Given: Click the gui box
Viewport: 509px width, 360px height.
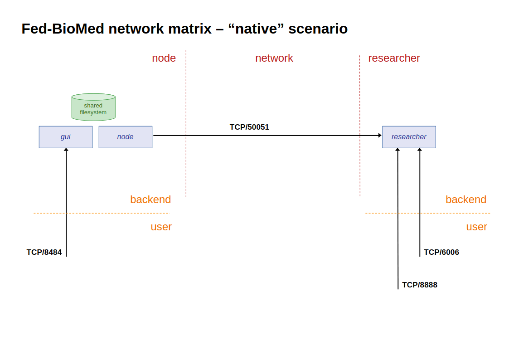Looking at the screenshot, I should (x=66, y=137).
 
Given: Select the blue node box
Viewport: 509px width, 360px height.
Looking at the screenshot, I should (x=126, y=137).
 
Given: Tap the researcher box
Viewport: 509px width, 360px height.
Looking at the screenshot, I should (x=409, y=137).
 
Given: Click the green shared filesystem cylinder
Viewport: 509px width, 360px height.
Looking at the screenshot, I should (x=93, y=108).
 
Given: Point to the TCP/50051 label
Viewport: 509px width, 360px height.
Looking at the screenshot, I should (x=249, y=127).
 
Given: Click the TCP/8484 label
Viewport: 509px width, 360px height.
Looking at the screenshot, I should (x=44, y=253).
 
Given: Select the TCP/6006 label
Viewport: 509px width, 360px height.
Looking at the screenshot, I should (x=441, y=253).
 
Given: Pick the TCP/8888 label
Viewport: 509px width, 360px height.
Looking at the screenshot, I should (x=419, y=285).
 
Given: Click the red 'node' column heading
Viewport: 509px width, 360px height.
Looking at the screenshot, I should (x=164, y=58).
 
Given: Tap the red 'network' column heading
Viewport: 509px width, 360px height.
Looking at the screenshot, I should (x=274, y=58).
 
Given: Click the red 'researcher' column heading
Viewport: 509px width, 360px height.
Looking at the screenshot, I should (x=394, y=58).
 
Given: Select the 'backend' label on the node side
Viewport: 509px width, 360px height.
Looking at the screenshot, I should (x=150, y=199).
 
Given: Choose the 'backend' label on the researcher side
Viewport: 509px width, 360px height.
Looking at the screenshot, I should (x=465, y=199).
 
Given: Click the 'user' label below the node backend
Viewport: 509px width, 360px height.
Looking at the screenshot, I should (x=161, y=227).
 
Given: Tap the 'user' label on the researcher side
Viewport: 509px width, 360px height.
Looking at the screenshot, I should (x=476, y=227).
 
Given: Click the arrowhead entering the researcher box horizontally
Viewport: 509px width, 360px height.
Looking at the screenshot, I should (x=380, y=135).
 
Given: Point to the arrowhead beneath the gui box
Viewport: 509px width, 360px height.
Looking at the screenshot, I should (x=66, y=150).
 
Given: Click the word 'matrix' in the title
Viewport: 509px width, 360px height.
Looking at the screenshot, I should (x=189, y=29).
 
